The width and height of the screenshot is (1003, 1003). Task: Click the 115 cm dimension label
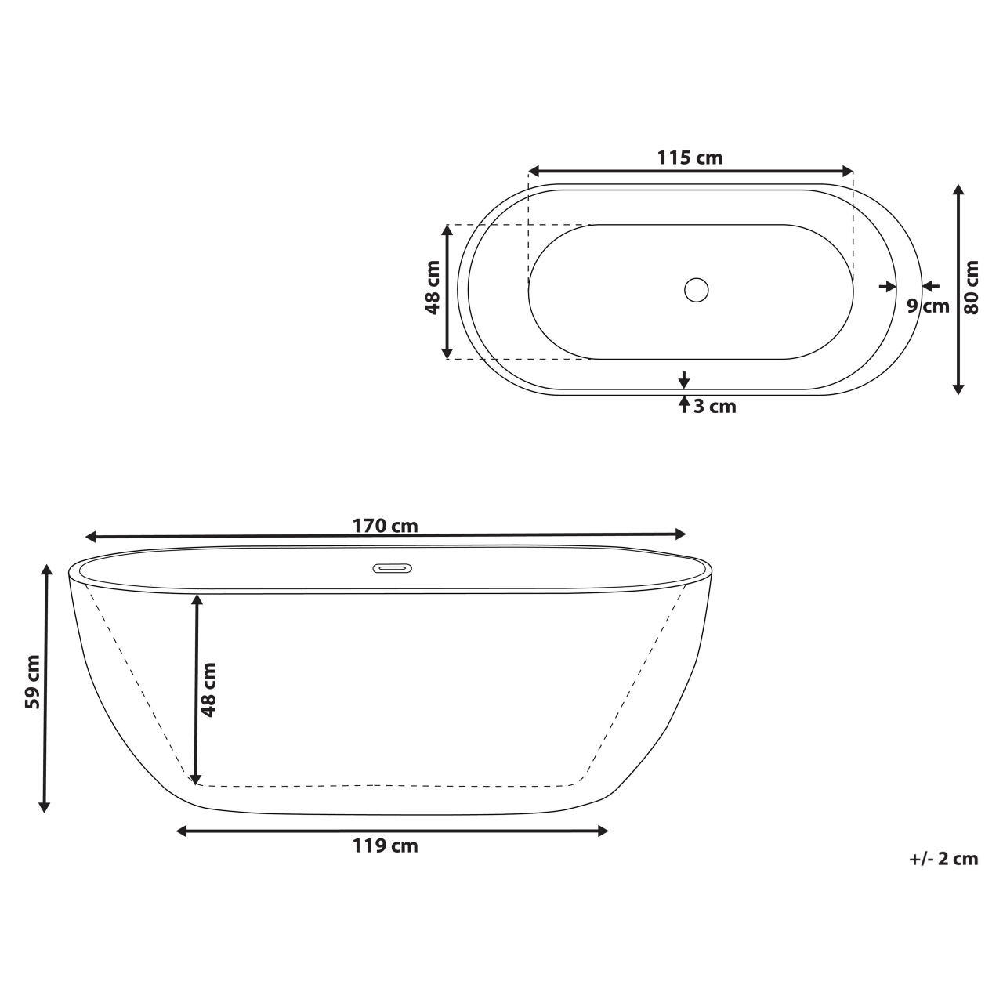point(690,158)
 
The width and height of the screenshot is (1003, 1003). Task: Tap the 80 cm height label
point(972,287)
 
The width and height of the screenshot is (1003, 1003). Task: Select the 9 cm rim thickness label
point(928,306)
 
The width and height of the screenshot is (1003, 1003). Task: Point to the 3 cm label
point(715,407)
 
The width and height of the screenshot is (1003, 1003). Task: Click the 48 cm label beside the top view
point(432,287)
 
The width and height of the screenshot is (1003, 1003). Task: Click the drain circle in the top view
point(696,290)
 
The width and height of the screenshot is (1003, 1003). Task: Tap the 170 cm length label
point(385,526)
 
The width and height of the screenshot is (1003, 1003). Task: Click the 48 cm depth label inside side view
point(209,690)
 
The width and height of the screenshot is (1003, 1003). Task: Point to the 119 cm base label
point(385,846)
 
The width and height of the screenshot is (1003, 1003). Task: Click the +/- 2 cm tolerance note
point(943,859)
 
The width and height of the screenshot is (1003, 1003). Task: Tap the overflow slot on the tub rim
point(391,568)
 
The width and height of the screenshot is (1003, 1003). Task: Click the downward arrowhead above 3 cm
point(684,382)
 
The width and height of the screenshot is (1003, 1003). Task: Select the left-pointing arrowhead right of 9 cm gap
point(929,286)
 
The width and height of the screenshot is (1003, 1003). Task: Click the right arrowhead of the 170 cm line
point(680,534)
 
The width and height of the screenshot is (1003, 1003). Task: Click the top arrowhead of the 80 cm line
point(958,190)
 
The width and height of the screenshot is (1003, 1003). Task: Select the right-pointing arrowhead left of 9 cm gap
point(889,287)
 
